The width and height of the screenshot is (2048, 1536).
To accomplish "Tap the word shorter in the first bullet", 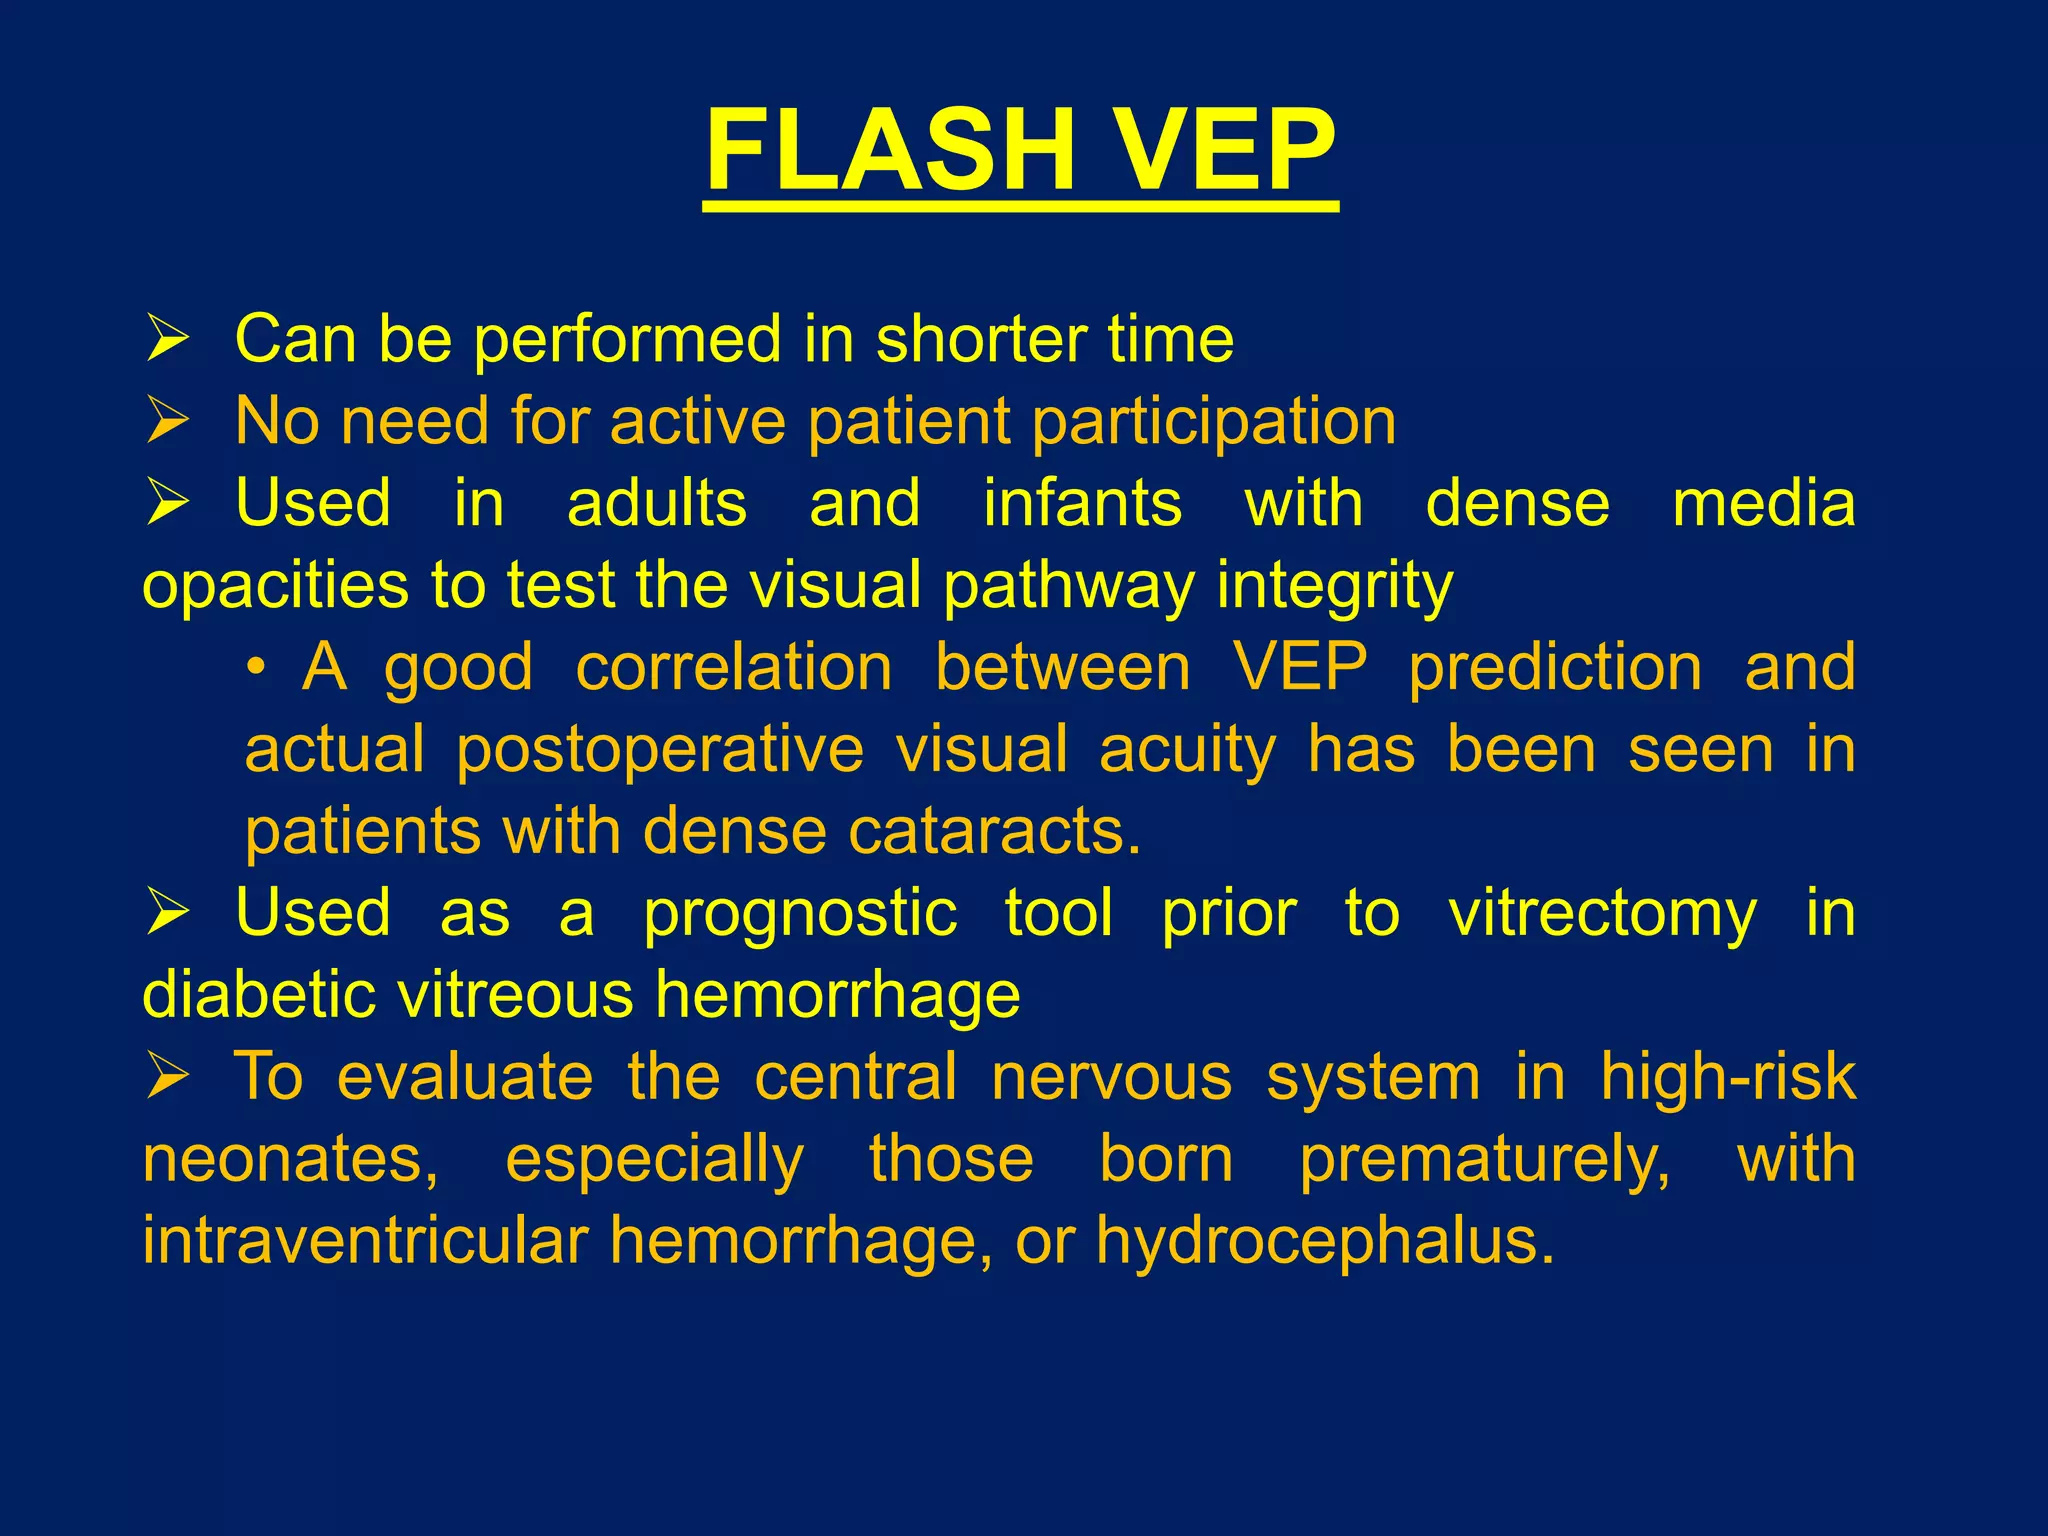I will click(x=980, y=339).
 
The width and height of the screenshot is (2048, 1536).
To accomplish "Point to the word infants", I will click(x=1082, y=502).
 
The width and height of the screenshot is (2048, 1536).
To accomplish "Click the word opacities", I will click(x=276, y=586).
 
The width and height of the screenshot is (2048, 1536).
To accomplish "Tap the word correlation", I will click(x=734, y=667).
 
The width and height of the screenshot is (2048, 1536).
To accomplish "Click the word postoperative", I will click(x=660, y=749).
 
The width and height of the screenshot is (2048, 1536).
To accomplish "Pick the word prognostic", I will click(x=800, y=914).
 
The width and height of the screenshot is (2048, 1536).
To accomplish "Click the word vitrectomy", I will click(x=1602, y=914).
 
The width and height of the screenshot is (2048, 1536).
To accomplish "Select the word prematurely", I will click(x=1484, y=1160).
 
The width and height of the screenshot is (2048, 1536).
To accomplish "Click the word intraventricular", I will click(x=365, y=1241).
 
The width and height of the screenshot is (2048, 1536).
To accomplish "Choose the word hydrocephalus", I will click(x=1325, y=1241).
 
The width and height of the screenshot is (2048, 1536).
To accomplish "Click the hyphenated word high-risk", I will click(x=1727, y=1078).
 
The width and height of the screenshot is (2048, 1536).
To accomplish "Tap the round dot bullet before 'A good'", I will click(x=257, y=668).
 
